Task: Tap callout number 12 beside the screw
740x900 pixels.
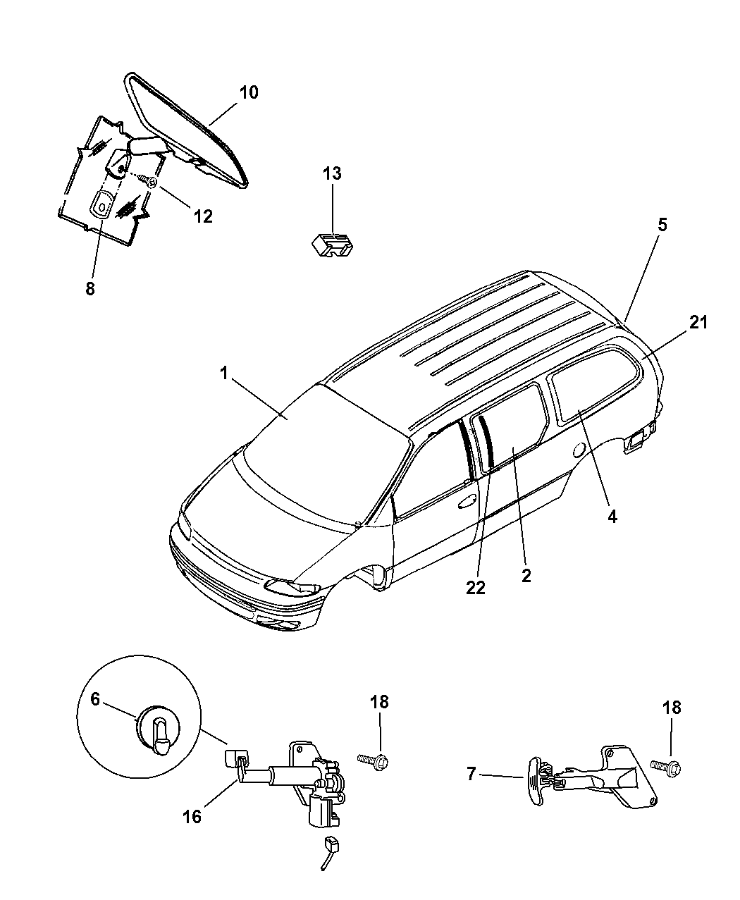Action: coord(202,216)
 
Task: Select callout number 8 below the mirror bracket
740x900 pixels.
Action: coord(90,288)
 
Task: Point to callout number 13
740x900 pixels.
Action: coord(332,173)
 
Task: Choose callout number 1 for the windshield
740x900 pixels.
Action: coord(224,374)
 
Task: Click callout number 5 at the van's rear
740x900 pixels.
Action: coord(662,225)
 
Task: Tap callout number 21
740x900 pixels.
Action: coord(698,323)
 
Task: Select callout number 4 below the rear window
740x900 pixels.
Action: coord(612,517)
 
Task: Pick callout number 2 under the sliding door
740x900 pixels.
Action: coord(526,575)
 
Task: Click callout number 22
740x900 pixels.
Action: coord(476,588)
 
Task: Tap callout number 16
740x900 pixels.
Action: coord(192,816)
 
